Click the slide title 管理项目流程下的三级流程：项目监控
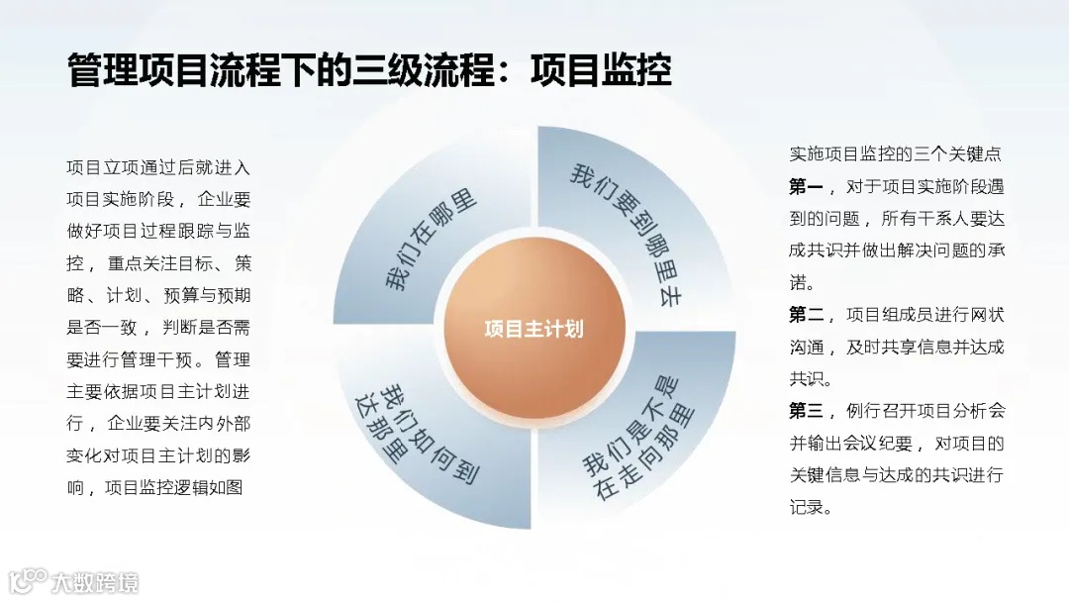369,71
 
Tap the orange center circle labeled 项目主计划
534,329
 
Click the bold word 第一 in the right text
806,186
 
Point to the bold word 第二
806,315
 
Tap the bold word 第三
806,411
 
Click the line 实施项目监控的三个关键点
896,154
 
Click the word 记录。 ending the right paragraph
811,507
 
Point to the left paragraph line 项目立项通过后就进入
158,167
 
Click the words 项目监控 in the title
601,71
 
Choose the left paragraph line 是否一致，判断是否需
158,327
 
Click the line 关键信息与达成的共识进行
896,475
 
